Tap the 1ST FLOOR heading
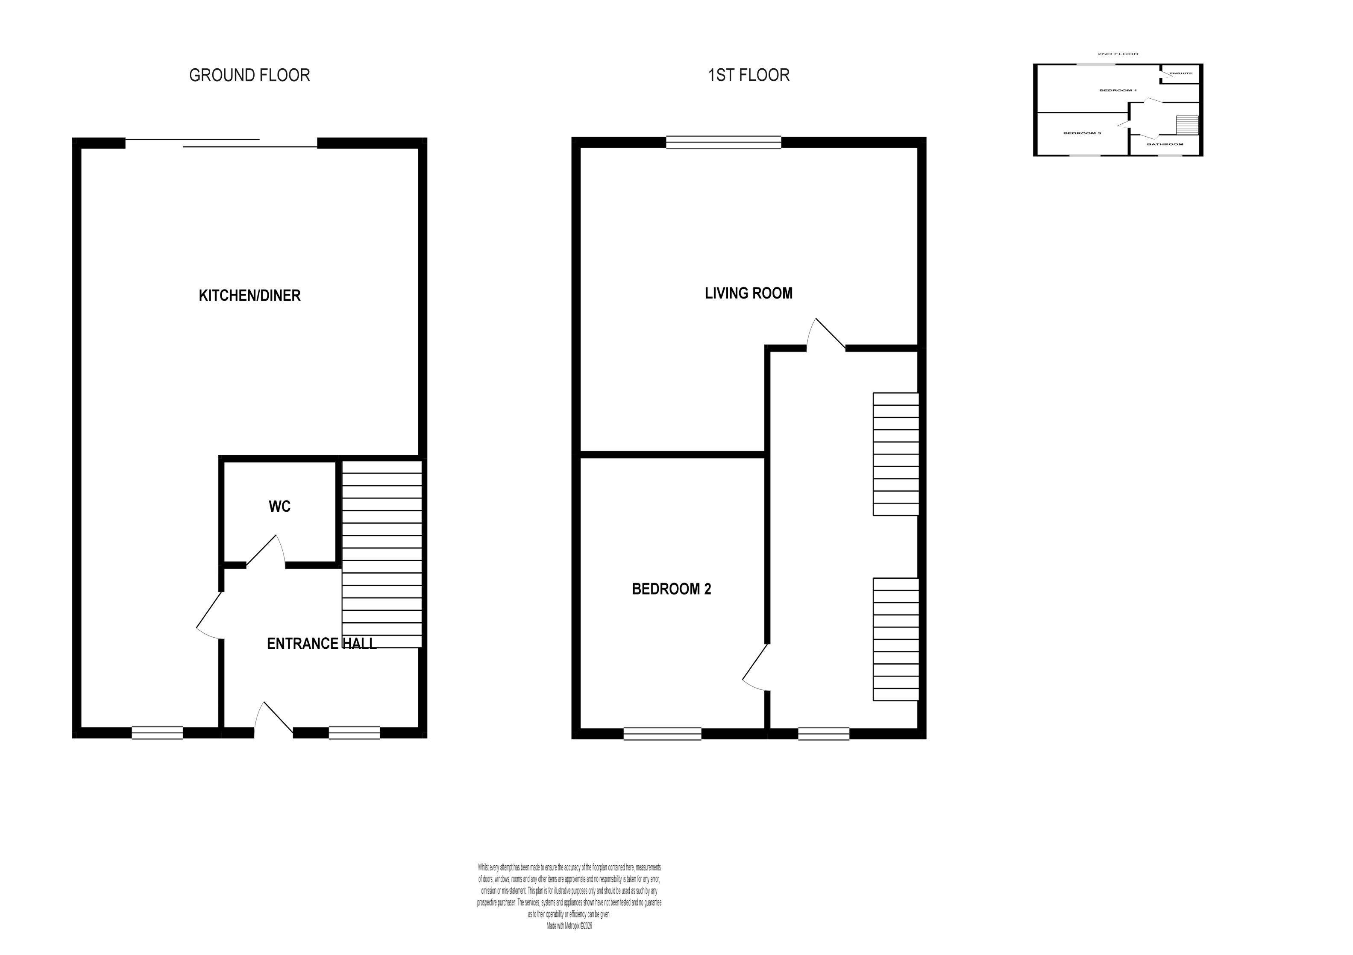pyautogui.click(x=748, y=76)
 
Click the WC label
pyautogui.click(x=279, y=507)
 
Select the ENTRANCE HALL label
pyautogui.click(x=321, y=644)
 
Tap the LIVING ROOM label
pyautogui.click(x=748, y=293)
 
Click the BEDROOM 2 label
pyautogui.click(x=671, y=589)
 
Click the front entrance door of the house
pyautogui.click(x=273, y=720)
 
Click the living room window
pyautogui.click(x=724, y=142)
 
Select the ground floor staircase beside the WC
pyautogui.click(x=382, y=554)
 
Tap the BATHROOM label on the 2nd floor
pyautogui.click(x=1165, y=144)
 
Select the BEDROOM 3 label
pyautogui.click(x=1082, y=133)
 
